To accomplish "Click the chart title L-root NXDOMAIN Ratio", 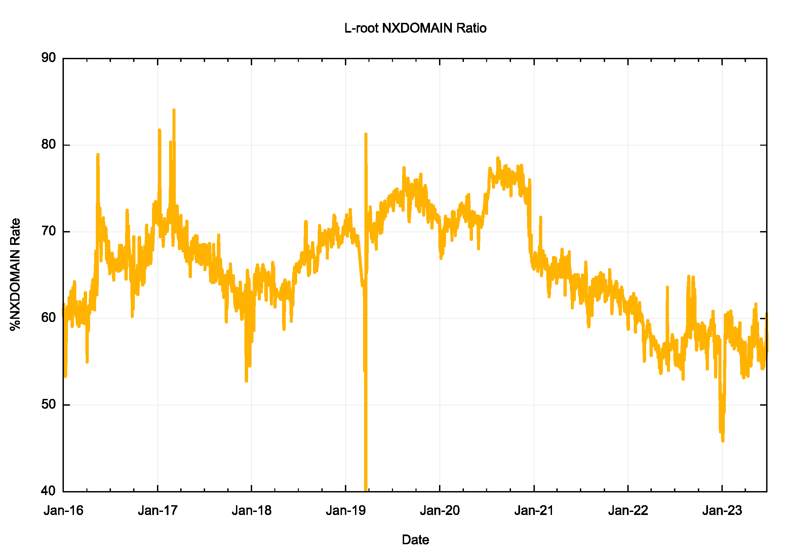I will (415, 28).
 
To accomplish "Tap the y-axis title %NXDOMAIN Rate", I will (15, 274).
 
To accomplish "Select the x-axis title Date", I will (415, 540).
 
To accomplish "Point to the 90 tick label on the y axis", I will (48, 58).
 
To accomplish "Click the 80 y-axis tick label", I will (48, 144).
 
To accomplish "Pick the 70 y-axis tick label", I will (48, 231).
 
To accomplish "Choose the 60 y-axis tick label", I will (48, 318).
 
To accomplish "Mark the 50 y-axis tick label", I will (48, 404).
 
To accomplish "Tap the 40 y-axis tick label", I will (48, 491).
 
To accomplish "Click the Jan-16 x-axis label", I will (63, 510).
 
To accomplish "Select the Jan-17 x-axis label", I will (158, 510).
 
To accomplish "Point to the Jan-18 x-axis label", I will (251, 510).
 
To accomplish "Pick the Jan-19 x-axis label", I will (346, 510).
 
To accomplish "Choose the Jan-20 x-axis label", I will (440, 510).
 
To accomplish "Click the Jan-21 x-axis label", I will (534, 510).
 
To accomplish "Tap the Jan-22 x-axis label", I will (628, 510).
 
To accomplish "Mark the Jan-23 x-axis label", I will (722, 510).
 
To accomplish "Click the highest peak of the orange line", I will (174, 110).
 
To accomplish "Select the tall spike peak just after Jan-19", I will (366, 134).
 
